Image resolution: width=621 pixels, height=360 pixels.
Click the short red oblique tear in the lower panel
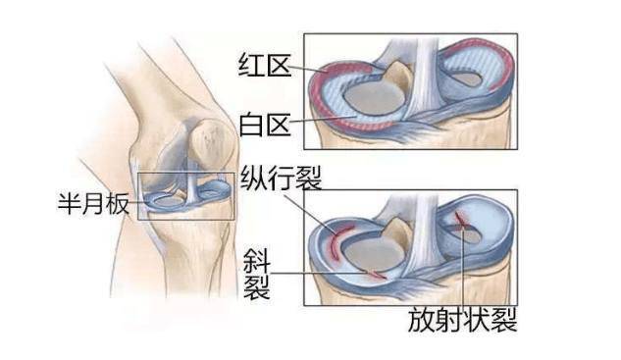tap(374, 272)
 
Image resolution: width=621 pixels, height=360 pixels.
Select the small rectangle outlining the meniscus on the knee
tap(185, 195)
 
